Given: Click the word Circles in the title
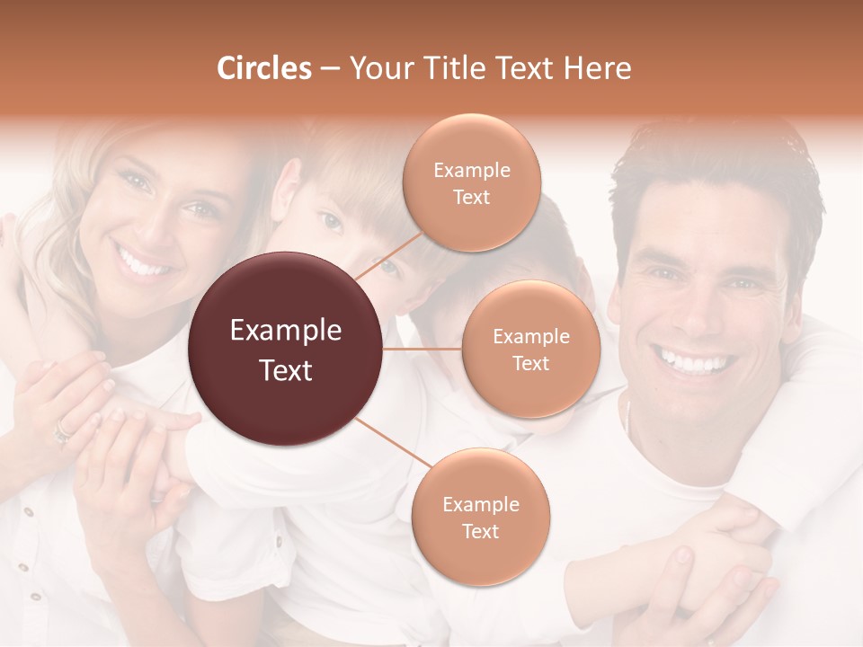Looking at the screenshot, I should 263,68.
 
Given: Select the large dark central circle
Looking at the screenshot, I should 286,349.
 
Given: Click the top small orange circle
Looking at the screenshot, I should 471,182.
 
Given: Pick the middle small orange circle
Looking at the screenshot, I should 530,349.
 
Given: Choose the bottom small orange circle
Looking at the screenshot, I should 480,517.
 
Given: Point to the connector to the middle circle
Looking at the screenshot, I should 423,349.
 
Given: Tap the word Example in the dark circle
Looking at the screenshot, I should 286,331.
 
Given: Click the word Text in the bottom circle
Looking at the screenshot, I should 480,531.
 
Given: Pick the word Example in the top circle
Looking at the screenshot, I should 471,170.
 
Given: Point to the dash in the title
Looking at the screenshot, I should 329,69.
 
